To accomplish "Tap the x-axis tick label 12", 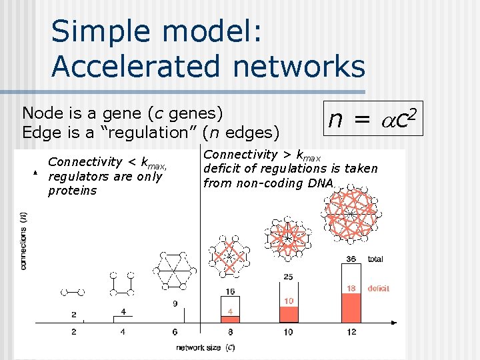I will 351,331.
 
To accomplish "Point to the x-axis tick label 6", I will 175,331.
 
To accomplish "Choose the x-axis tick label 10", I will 288,331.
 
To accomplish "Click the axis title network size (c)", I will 205,347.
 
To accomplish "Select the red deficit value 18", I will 351,288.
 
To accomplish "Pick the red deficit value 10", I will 288,301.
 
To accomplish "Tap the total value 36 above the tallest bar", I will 351,259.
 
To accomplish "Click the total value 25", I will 288,277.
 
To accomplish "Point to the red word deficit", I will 378,288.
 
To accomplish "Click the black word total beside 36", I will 375,259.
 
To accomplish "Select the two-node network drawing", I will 73,291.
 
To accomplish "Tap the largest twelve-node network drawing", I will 349,213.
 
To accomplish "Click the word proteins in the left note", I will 73,191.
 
